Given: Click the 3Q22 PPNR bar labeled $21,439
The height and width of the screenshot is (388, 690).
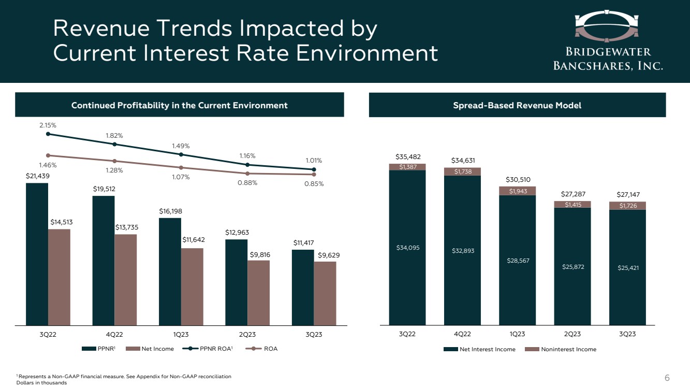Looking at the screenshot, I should click(x=37, y=254).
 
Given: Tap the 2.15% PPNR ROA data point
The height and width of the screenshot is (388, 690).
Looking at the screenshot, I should click(x=48, y=134).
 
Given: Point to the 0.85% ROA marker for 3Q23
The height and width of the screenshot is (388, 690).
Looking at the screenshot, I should click(x=314, y=175).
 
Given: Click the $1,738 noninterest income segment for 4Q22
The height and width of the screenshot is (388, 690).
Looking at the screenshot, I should click(x=462, y=171).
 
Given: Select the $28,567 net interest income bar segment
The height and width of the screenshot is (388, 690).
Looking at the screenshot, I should click(x=517, y=260).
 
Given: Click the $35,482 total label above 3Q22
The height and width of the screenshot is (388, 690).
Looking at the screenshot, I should click(x=407, y=156).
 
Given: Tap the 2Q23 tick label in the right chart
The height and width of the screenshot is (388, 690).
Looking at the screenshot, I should click(x=572, y=334).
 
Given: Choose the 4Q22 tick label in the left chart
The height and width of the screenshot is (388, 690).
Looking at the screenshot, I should click(x=114, y=334).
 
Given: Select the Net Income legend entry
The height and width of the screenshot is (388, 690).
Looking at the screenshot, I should click(x=157, y=349).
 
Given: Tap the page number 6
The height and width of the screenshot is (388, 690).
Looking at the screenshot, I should click(x=667, y=378).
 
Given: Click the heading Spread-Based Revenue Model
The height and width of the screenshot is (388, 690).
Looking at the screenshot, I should click(x=517, y=106).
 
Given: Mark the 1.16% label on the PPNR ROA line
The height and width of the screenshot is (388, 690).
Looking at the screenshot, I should click(x=247, y=155).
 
